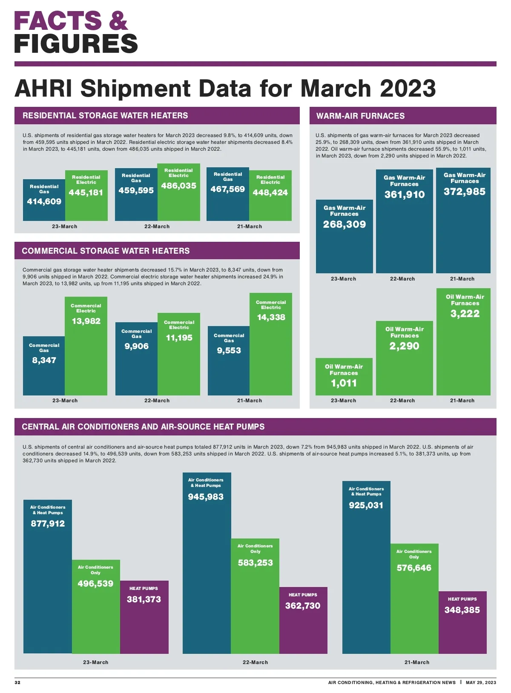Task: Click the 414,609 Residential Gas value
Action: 44,202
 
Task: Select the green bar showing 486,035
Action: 179,200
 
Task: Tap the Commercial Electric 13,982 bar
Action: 86,353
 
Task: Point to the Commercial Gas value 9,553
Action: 229,351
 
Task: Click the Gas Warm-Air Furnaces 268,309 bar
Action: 344,243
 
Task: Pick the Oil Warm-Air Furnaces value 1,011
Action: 344,383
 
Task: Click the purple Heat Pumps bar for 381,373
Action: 144,621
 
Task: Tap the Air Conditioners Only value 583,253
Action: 255,563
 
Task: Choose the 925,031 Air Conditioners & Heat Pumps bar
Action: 366,575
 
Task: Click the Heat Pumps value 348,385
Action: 462,610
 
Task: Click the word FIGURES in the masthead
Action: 76,44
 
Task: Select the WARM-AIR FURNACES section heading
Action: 360,116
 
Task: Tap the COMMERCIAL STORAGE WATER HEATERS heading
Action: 106,251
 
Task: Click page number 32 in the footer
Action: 17,682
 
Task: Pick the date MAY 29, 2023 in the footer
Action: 481,682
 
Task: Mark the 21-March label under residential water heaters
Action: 250,226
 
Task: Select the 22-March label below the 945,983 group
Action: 255,662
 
